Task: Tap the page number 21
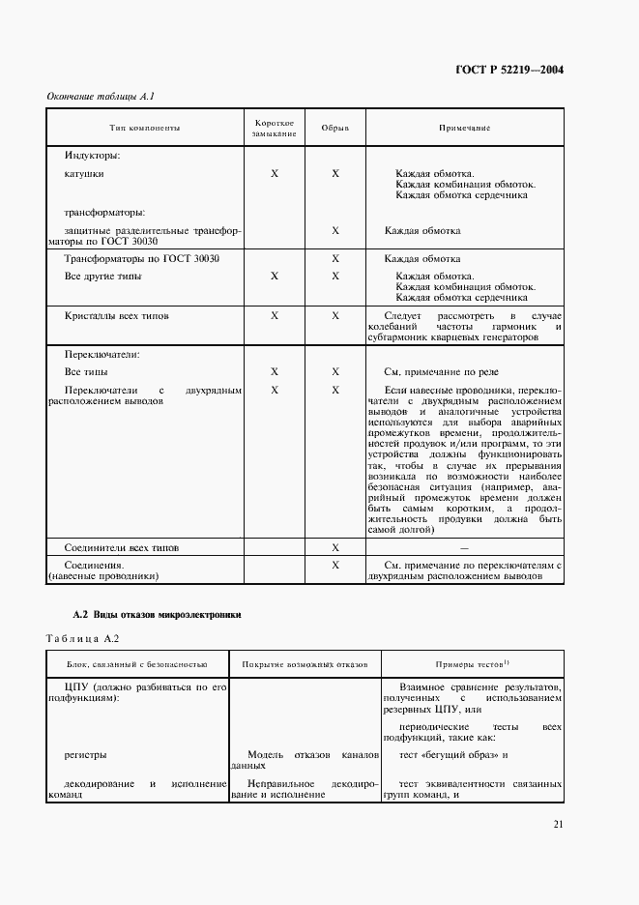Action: click(x=559, y=824)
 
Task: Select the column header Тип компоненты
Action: click(x=145, y=128)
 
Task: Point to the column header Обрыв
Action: click(x=334, y=128)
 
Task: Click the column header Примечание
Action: click(x=465, y=128)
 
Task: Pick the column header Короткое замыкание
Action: click(x=275, y=129)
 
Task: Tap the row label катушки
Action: click(x=84, y=174)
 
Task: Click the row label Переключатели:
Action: click(x=102, y=354)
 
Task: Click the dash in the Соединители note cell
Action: click(x=465, y=548)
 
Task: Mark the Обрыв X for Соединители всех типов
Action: click(x=335, y=547)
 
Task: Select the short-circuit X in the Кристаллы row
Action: click(x=275, y=315)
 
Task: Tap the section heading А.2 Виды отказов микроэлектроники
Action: click(x=157, y=614)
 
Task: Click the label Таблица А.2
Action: click(x=82, y=638)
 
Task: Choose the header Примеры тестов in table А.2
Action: click(x=472, y=665)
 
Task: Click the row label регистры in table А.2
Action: click(x=85, y=754)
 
